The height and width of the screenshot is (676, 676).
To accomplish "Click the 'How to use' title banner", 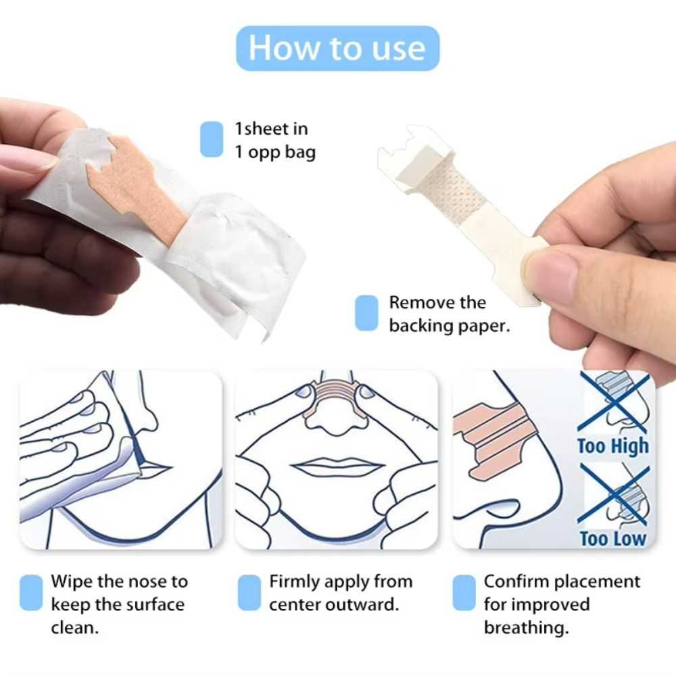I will click(337, 48).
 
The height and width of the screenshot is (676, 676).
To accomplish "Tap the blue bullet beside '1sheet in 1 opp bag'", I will click(212, 139).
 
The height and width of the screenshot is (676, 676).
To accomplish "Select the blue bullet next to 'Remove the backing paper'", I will click(366, 314).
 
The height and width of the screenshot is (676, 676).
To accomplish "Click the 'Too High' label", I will click(612, 446).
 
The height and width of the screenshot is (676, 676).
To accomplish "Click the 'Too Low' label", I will click(612, 539).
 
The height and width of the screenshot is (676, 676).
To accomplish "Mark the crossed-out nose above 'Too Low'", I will click(615, 497).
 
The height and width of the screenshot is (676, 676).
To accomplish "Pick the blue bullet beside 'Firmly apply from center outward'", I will click(249, 592).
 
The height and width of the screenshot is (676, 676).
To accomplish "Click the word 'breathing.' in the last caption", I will click(526, 627).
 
